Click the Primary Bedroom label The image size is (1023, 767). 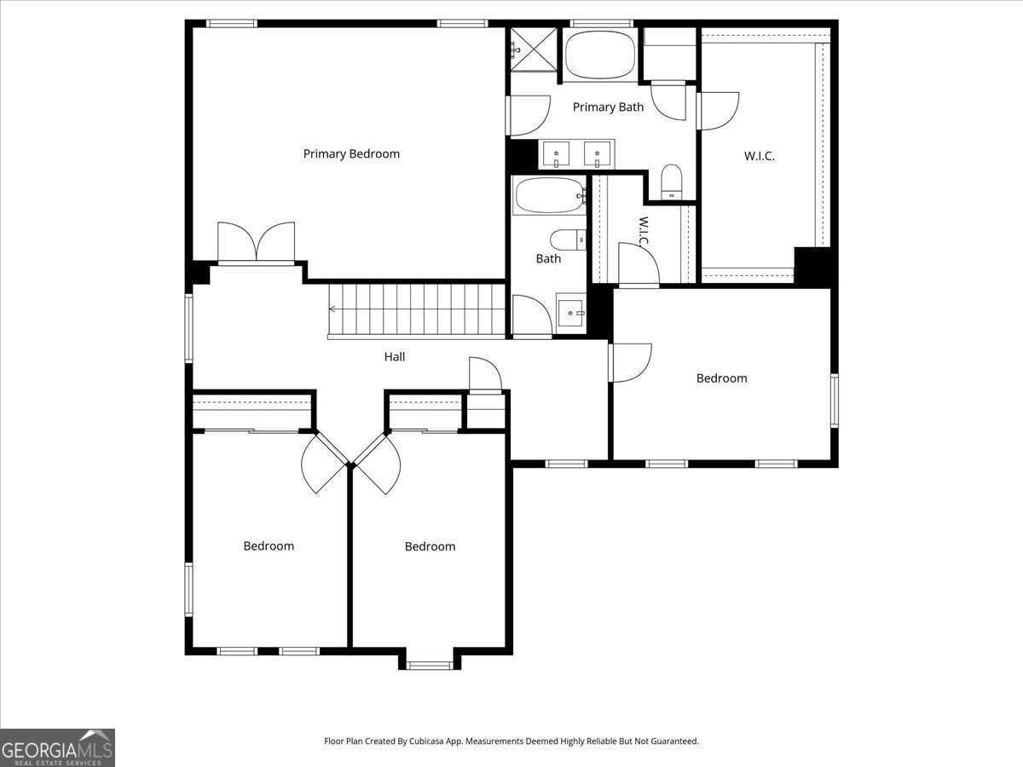[351, 153]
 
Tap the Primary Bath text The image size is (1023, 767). [608, 107]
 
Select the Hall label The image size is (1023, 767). [395, 357]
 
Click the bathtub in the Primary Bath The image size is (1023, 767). [600, 55]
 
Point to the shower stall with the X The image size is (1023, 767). [535, 49]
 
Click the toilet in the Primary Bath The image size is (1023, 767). [672, 182]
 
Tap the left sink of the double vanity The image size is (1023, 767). [556, 154]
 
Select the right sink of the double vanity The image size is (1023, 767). [597, 154]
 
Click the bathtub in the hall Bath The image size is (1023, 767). [549, 195]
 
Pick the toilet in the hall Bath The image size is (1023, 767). [568, 239]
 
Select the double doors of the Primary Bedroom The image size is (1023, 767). [256, 242]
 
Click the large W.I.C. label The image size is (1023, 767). [760, 156]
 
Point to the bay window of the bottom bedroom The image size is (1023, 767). [430, 665]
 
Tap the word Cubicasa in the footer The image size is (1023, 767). [426, 741]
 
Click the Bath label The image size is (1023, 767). [548, 258]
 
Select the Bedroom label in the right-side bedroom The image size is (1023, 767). [721, 378]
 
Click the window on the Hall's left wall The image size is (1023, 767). [188, 328]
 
